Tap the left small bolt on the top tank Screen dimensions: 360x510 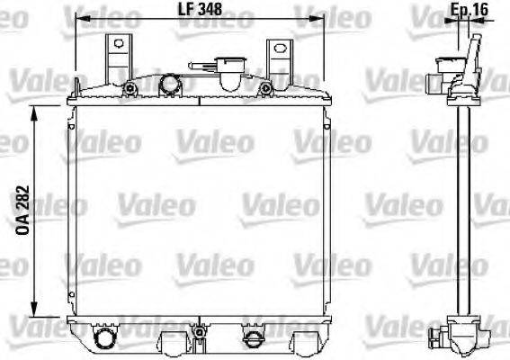pyautogui.click(x=130, y=89)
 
